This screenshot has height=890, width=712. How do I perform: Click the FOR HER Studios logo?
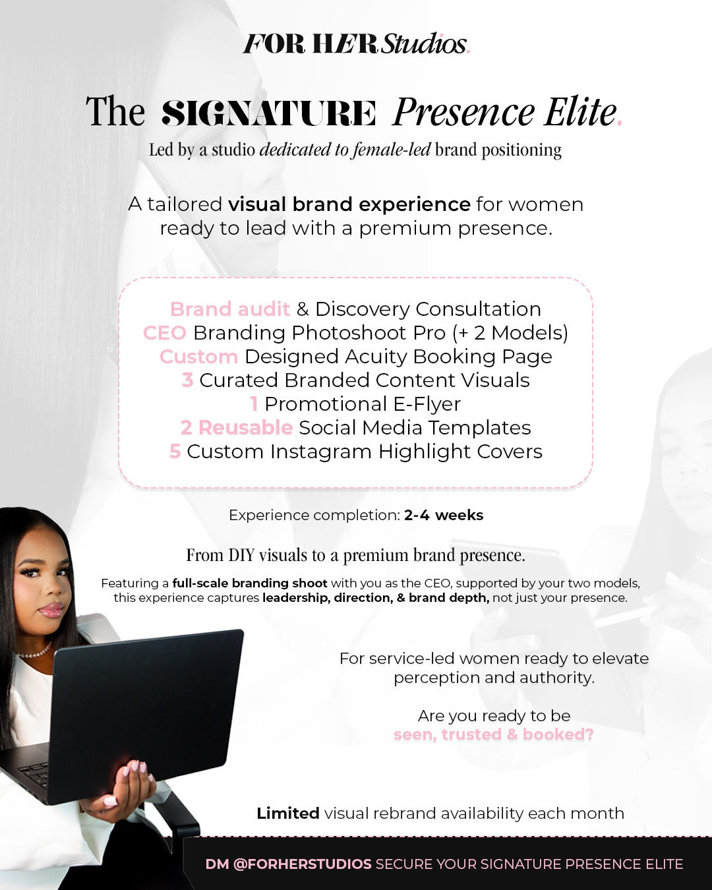coord(356,44)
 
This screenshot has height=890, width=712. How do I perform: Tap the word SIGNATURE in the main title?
coord(269,113)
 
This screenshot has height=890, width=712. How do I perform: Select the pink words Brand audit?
coord(229,309)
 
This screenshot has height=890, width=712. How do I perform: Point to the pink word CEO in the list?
coord(164,333)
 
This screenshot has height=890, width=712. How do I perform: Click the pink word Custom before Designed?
coord(198,357)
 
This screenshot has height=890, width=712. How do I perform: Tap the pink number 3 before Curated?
coord(187,380)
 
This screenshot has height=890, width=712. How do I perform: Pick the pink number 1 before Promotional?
coord(254,404)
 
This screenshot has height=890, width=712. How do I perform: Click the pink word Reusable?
coord(245,428)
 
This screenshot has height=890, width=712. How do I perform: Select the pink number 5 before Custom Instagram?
coord(175,452)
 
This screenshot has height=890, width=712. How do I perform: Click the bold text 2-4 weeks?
coord(444,516)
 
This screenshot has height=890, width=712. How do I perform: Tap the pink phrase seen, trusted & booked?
coord(494,734)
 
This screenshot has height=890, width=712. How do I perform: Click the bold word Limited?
coord(288,814)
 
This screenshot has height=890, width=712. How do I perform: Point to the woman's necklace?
coord(34,653)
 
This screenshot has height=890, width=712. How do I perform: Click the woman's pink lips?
coord(50,610)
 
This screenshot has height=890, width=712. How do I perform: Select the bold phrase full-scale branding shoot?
coord(250,583)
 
